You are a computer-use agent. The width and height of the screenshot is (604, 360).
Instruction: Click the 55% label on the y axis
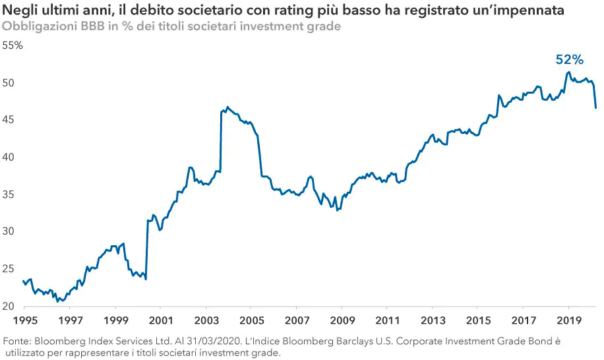click(x=13, y=45)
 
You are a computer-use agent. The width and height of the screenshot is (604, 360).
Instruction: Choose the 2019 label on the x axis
click(x=568, y=320)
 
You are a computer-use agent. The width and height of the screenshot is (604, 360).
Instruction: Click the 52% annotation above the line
click(x=570, y=59)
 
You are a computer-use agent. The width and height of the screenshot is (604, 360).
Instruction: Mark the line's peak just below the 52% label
click(x=568, y=72)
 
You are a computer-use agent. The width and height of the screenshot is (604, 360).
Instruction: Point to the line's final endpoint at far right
click(x=595, y=107)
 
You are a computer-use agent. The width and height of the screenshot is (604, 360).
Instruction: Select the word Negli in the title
click(x=19, y=11)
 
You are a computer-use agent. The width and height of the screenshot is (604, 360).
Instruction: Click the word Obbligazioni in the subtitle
click(x=37, y=26)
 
